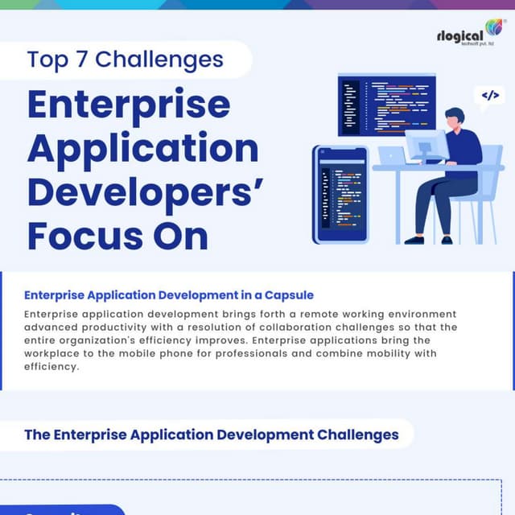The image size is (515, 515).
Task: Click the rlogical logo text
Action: (x=459, y=36)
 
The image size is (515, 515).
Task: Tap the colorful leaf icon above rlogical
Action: (x=493, y=27)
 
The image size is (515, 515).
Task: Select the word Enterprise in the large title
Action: (x=129, y=105)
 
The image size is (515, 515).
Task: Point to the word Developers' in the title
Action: (x=145, y=193)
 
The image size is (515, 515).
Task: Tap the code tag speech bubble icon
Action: (x=489, y=96)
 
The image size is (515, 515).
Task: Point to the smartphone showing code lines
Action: (x=340, y=194)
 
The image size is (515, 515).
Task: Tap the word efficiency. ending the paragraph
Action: (x=52, y=366)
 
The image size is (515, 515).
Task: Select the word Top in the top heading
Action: (x=43, y=60)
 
